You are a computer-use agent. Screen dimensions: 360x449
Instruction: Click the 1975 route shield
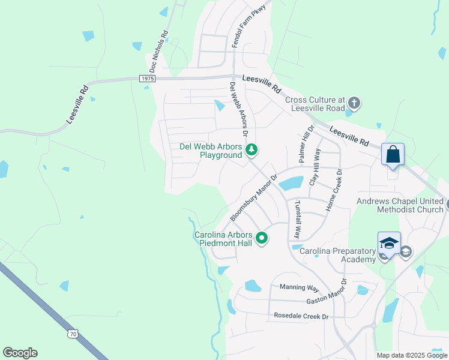pyautogui.click(x=147, y=79)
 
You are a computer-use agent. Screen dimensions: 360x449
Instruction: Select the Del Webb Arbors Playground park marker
pyautogui.click(x=253, y=149)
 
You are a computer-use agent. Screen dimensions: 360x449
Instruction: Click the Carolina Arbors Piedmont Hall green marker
pyautogui.click(x=262, y=238)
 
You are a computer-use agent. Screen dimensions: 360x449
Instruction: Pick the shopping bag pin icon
pyautogui.click(x=393, y=154)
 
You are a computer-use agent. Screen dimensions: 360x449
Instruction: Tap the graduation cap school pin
pyautogui.click(x=389, y=243)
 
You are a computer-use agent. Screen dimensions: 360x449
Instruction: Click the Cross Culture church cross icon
pyautogui.click(x=354, y=103)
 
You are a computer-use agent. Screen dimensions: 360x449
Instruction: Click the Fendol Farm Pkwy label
pyautogui.click(x=244, y=25)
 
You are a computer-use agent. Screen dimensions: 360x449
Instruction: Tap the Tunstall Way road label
pyautogui.click(x=297, y=219)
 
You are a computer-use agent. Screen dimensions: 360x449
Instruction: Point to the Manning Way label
pyautogui.click(x=299, y=288)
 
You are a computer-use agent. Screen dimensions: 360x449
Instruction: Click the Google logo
pyautogui.click(x=20, y=353)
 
